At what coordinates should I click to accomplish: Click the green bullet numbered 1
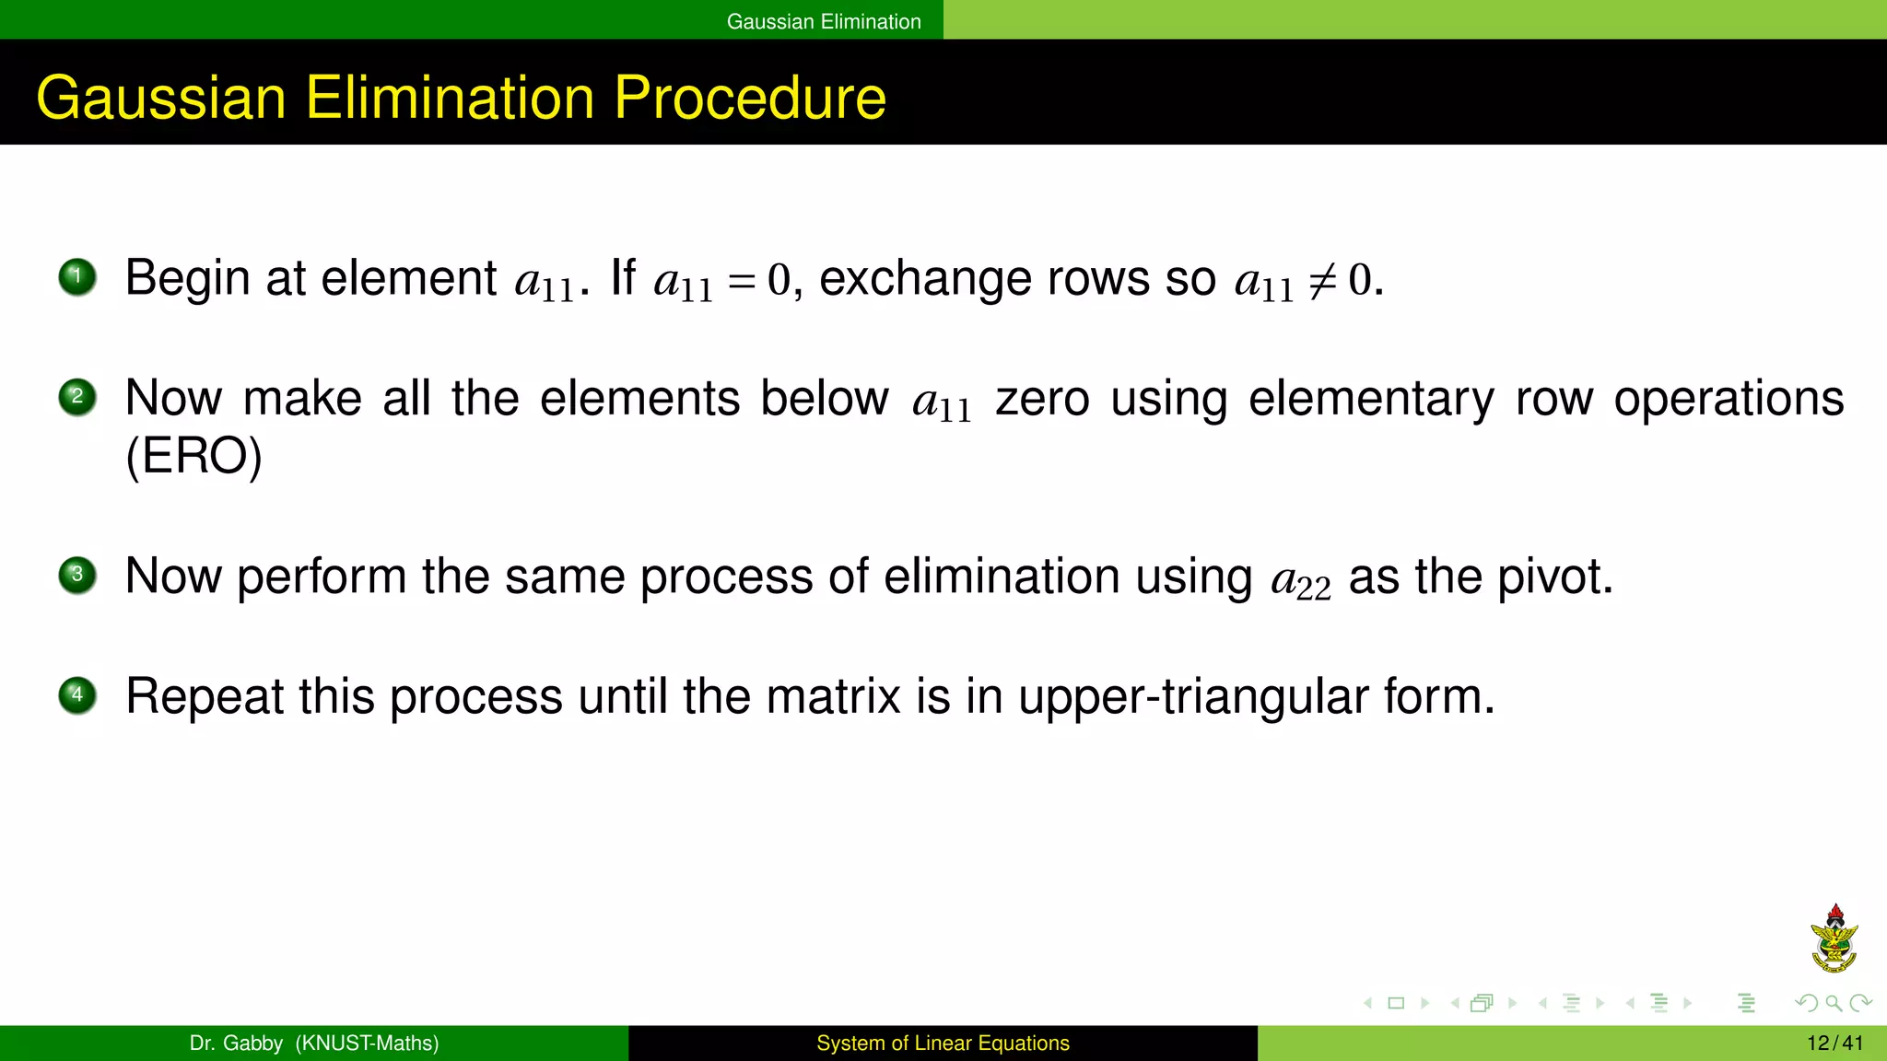77,277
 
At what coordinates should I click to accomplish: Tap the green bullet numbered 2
77,398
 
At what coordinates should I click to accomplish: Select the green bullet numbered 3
77,576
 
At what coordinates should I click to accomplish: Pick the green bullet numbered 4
77,695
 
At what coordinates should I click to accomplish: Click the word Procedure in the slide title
749,98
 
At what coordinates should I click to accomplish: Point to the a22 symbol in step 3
1300,580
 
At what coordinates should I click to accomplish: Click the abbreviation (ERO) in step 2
193,456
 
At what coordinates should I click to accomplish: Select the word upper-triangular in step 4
1193,697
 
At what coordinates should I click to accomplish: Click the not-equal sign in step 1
1323,280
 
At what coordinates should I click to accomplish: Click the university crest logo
1834,939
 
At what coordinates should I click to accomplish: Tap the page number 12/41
1834,1044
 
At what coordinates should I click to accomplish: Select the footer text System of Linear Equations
943,1044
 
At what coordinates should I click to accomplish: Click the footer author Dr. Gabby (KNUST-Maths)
314,1044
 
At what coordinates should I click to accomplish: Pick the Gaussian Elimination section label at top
824,21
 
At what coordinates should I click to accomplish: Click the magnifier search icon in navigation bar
1834,1003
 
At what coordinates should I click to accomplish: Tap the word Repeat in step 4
204,696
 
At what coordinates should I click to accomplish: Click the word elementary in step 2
1371,399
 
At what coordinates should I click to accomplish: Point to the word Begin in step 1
187,279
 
